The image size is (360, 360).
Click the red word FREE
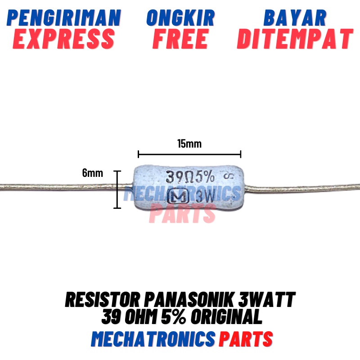(180, 39)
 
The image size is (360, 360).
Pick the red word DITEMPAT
(295, 39)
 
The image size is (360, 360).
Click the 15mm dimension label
(189, 144)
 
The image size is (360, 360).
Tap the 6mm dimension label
(93, 173)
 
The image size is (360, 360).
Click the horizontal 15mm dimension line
(189, 154)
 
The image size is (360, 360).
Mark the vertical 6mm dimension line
(117, 189)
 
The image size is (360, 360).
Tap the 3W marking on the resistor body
(203, 197)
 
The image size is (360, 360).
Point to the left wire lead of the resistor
(63, 185)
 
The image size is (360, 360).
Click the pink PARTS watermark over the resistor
(182, 213)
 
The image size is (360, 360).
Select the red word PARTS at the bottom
(246, 338)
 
